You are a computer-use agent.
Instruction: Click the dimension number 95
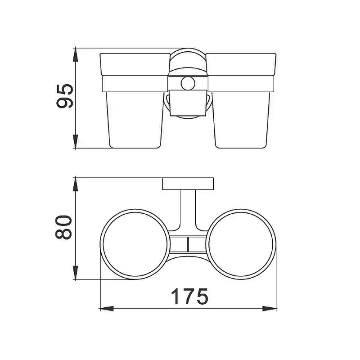coord(65,96)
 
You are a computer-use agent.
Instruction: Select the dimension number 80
coord(63,227)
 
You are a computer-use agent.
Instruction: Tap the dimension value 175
coord(189,297)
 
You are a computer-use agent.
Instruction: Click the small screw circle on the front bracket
coord(188,83)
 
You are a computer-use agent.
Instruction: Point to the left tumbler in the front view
coord(135,101)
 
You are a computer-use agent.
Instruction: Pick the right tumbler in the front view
coord(241,101)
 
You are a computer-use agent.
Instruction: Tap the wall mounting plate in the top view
coord(188,184)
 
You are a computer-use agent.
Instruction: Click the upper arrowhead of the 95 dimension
coord(75,54)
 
